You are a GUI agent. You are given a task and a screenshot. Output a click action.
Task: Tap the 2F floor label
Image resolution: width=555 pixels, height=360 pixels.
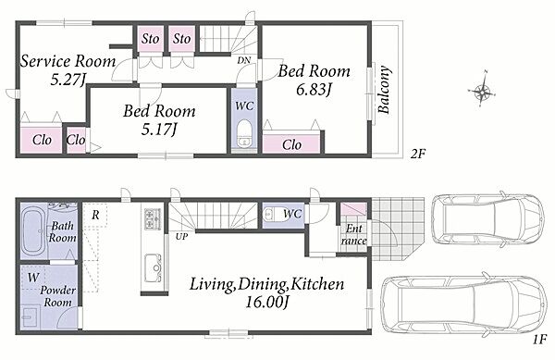(417, 154)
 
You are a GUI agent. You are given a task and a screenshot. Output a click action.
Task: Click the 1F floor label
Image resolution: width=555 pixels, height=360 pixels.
(540, 341)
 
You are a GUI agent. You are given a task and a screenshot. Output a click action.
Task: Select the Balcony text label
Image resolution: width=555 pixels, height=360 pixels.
(385, 90)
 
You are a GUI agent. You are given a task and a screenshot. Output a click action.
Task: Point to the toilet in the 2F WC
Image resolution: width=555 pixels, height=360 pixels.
(243, 134)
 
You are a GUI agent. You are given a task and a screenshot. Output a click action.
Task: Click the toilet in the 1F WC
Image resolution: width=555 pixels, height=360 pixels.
(272, 215)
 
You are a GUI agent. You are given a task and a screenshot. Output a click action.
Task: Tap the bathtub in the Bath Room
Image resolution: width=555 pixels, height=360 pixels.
(33, 232)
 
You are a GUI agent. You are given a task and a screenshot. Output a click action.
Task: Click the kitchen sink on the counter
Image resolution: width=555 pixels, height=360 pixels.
(154, 268)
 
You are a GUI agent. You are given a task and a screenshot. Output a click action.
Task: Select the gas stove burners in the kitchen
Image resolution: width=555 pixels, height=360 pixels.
(153, 218)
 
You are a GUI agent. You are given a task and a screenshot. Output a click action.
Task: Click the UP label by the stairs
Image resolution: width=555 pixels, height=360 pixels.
(181, 237)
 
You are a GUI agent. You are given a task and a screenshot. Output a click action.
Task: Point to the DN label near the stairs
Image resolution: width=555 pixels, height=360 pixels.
(243, 60)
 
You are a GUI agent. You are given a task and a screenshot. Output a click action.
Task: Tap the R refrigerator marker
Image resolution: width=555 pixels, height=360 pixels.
(95, 215)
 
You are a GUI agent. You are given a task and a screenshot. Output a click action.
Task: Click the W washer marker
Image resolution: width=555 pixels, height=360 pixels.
(33, 277)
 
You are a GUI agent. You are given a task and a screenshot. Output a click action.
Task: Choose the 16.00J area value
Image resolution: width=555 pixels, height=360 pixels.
(267, 302)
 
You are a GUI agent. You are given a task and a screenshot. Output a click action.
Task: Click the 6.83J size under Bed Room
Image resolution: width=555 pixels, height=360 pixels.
(313, 90)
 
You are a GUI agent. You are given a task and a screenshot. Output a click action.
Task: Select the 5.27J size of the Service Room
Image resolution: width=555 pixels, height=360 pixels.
(68, 80)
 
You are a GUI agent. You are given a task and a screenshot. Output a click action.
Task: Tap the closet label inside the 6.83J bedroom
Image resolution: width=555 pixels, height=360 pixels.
(291, 144)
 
